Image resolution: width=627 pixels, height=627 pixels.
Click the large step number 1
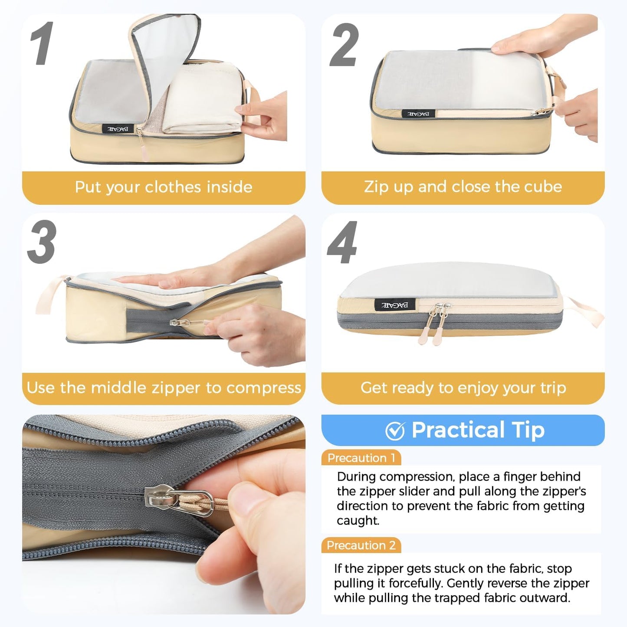coord(42,44)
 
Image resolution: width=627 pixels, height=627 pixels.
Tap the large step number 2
coord(344,45)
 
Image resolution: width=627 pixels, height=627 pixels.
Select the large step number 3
coord(42,242)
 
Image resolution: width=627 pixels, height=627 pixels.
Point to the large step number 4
coord(342,243)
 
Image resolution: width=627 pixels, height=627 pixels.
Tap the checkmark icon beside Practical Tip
coord(395,431)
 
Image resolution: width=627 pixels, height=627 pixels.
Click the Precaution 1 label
coord(361,458)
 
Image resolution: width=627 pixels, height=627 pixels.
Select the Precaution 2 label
coord(361,545)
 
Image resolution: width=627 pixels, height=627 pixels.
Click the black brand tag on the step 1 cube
coord(118,129)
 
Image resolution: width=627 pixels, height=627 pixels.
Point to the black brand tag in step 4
coord(394,305)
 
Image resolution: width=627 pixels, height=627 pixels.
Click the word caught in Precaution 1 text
coord(358,521)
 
